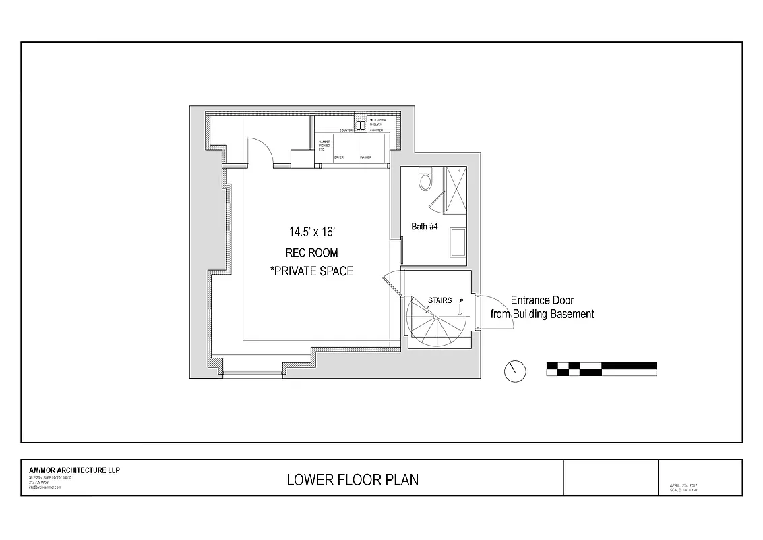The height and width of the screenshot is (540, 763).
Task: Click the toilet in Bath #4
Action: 425,180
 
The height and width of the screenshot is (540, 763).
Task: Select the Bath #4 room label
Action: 425,227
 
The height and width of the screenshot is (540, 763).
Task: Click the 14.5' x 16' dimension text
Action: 311,232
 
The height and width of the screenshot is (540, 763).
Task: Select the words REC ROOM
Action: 311,253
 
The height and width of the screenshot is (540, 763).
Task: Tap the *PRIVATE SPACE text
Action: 311,271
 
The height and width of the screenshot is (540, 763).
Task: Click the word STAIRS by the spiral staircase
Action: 439,300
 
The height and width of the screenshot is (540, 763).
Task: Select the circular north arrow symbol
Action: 516,371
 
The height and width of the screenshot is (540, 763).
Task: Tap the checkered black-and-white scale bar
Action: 601,369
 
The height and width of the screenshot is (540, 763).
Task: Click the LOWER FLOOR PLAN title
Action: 353,480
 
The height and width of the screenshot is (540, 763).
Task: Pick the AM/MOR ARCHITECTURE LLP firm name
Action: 74,470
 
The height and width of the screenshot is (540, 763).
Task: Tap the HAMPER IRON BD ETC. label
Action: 324,145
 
